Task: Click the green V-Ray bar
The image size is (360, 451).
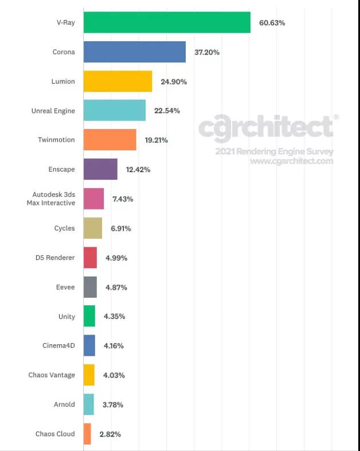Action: pyautogui.click(x=167, y=22)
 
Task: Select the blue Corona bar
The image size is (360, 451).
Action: pyautogui.click(x=134, y=52)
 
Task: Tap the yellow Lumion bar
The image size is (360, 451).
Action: pyautogui.click(x=118, y=81)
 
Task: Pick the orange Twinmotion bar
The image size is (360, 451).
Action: pyautogui.click(x=109, y=140)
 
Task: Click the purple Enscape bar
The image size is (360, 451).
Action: pyautogui.click(x=100, y=169)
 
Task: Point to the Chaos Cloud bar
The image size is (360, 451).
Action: pyautogui.click(x=87, y=434)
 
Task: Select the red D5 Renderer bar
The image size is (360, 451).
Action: pyautogui.click(x=90, y=258)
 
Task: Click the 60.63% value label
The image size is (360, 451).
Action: pyautogui.click(x=272, y=23)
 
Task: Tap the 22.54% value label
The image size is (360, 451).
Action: pyautogui.click(x=167, y=111)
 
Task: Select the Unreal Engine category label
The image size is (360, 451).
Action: pyautogui.click(x=53, y=111)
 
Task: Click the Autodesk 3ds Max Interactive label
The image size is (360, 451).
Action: pyautogui.click(x=51, y=199)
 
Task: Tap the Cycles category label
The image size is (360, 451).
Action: pyautogui.click(x=64, y=228)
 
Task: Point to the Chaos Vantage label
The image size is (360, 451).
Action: pyautogui.click(x=52, y=375)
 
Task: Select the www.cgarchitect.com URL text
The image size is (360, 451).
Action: pyautogui.click(x=291, y=161)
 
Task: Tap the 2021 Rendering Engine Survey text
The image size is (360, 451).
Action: pyautogui.click(x=274, y=151)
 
